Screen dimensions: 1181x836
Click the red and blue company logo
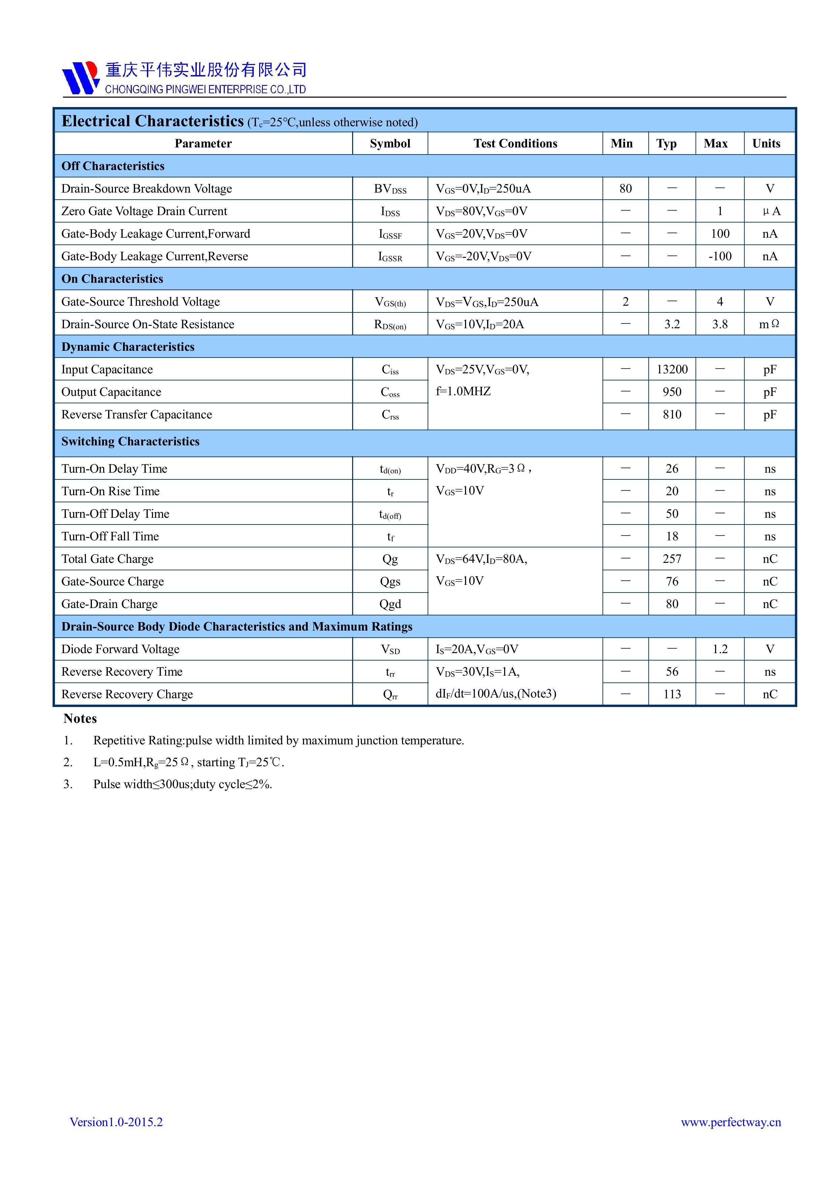pyautogui.click(x=80, y=78)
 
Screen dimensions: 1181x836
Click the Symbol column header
pyautogui.click(x=390, y=143)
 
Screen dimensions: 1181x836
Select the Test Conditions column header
pyautogui.click(x=515, y=143)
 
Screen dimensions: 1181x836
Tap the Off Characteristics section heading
pyautogui.click(x=113, y=166)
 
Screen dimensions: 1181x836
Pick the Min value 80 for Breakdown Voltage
pyautogui.click(x=625, y=189)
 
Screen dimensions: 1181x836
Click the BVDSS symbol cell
pyautogui.click(x=390, y=189)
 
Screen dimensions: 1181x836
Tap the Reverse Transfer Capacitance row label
pyautogui.click(x=136, y=414)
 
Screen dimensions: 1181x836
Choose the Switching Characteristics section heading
pyautogui.click(x=130, y=441)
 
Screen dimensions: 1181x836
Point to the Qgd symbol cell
pyautogui.click(x=390, y=604)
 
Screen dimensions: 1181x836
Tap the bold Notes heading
pyautogui.click(x=80, y=718)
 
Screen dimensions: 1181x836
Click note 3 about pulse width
pyautogui.click(x=182, y=784)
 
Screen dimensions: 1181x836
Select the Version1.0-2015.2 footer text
pyautogui.click(x=116, y=1122)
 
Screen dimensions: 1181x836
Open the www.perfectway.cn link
pyautogui.click(x=731, y=1122)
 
